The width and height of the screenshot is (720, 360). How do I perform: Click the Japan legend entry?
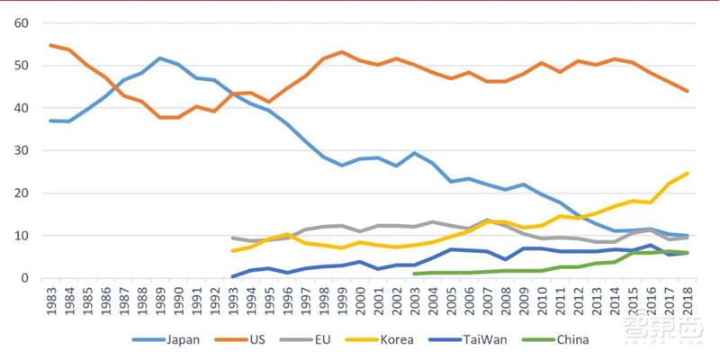click(162, 339)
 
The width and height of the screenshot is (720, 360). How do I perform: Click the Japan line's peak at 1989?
click(160, 58)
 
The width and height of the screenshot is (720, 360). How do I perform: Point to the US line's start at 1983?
click(50, 45)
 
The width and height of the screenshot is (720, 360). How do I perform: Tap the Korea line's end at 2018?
click(688, 174)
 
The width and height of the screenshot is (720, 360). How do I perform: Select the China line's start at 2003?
click(415, 274)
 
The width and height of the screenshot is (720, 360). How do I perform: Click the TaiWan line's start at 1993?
click(233, 276)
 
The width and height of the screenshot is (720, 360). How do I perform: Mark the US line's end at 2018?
click(688, 91)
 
